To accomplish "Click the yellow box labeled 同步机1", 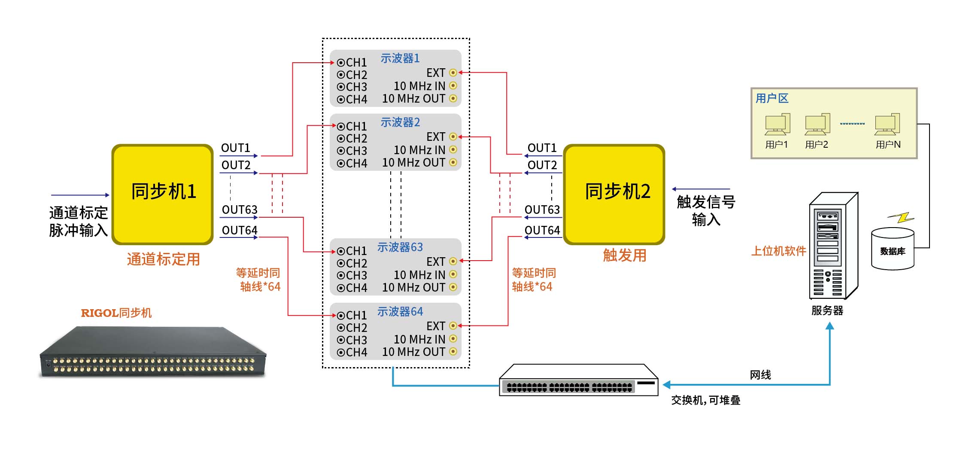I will click(163, 194).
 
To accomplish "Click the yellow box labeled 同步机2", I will click(614, 194).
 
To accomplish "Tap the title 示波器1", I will click(400, 58).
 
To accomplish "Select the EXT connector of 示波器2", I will click(453, 137).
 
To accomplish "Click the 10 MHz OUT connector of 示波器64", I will click(453, 352).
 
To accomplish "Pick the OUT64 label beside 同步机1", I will click(239, 231).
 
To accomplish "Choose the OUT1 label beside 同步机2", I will click(542, 148).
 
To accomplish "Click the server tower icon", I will click(832, 246).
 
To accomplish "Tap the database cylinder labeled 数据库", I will click(893, 249).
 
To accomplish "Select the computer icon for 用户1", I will click(777, 125).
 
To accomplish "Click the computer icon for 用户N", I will click(887, 125).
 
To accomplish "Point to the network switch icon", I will click(578, 380).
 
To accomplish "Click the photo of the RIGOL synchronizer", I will click(153, 352).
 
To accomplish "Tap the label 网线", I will click(760, 375).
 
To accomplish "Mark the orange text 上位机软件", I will click(778, 251).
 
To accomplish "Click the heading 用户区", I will click(772, 98).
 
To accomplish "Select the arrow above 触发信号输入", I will click(701, 189).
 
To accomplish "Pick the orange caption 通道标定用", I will click(163, 259).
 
